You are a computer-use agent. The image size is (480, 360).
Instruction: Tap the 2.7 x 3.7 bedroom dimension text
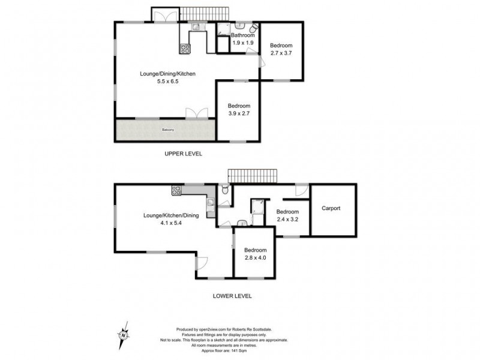[x=281, y=53]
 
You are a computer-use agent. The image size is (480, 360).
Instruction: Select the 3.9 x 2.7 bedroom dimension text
[x=239, y=113]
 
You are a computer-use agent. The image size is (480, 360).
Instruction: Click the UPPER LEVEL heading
[x=184, y=154]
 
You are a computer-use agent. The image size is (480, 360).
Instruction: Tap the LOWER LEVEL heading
[x=232, y=296]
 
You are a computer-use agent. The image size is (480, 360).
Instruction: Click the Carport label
[x=331, y=208]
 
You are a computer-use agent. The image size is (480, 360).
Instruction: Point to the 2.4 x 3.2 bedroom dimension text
[x=287, y=219]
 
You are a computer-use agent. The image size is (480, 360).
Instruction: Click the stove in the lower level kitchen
[x=176, y=191]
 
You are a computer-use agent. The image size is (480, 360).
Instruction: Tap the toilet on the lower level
[x=223, y=190]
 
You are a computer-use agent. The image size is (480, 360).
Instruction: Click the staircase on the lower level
[x=253, y=176]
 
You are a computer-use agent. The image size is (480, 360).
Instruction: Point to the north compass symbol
[x=125, y=332]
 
